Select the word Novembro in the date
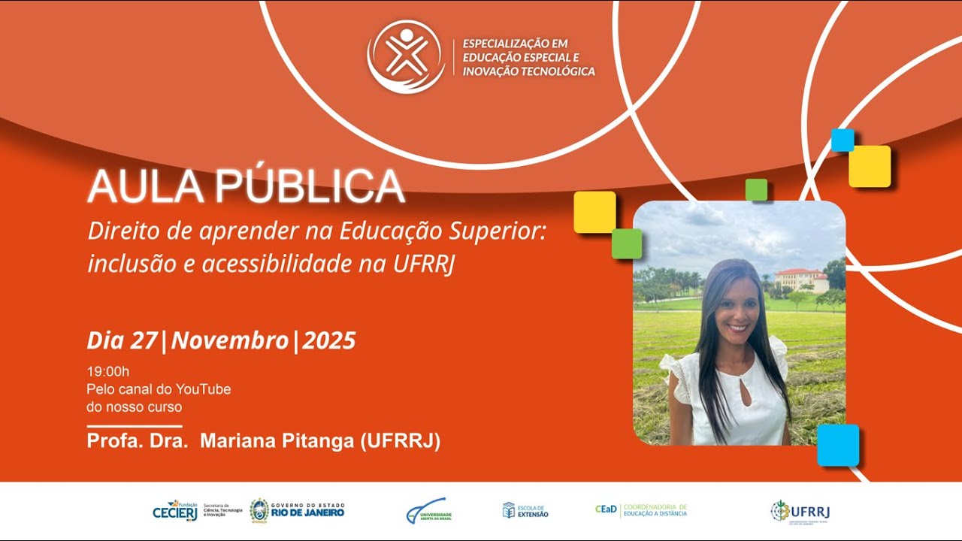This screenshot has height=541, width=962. [x=230, y=340]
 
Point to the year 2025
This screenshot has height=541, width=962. [x=329, y=340]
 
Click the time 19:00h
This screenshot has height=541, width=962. [x=108, y=371]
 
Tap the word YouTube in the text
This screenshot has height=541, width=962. [x=203, y=389]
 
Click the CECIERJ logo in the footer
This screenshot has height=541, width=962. [x=175, y=510]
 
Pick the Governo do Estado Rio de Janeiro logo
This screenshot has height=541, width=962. [x=297, y=510]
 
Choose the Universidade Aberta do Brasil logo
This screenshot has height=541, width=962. [x=428, y=511]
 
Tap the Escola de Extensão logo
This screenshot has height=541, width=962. [x=525, y=510]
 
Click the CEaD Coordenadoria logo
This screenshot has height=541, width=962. [x=641, y=510]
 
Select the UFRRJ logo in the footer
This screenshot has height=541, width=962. [x=800, y=512]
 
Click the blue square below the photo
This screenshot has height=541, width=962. [x=838, y=445]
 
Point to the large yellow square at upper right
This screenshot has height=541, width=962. [x=870, y=166]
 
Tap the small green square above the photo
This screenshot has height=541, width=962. [x=756, y=189]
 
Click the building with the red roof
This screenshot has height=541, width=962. [x=801, y=280]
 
